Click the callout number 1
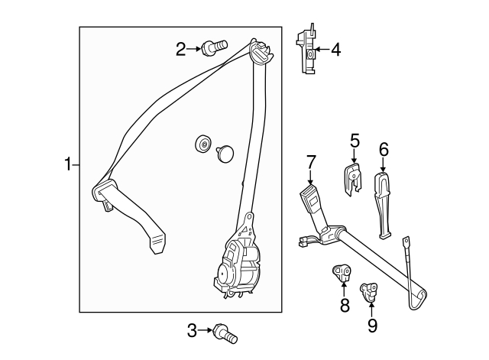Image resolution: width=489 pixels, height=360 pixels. (68, 164)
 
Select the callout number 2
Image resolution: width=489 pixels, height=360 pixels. (181, 50)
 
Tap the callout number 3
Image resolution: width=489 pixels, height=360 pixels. (193, 330)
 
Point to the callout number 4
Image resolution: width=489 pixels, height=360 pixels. (335, 51)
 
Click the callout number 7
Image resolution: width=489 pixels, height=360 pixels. (311, 161)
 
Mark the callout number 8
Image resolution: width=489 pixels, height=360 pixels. (345, 305)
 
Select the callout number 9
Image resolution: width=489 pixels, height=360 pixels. (372, 325)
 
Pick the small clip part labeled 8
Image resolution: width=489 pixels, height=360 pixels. (341, 272)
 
